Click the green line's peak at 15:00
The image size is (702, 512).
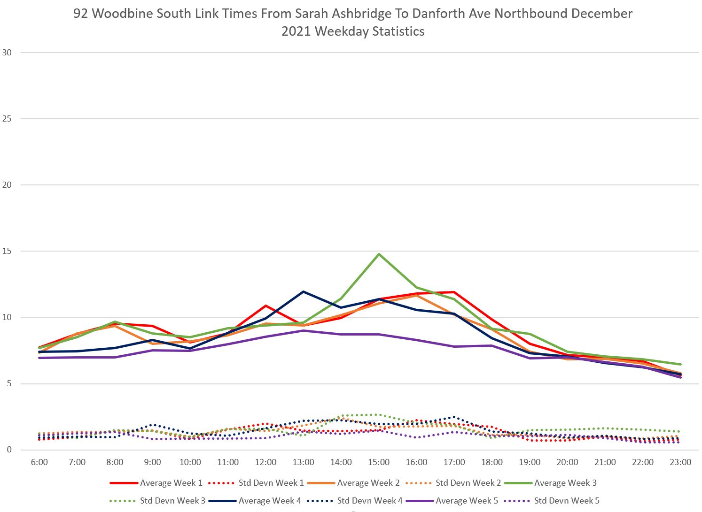click(379, 254)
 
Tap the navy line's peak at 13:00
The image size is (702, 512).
click(304, 291)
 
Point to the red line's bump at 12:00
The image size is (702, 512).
click(266, 306)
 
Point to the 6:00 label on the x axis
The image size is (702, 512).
click(39, 462)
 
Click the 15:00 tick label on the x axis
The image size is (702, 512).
click(379, 462)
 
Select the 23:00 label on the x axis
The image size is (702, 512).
click(680, 462)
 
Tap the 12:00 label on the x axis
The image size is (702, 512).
click(266, 462)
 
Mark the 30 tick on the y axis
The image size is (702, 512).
click(7, 53)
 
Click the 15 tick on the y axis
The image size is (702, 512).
click(7, 251)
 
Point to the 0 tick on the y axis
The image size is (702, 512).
click(9, 450)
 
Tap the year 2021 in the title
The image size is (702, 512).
click(296, 31)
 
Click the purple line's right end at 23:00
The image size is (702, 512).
click(680, 377)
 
